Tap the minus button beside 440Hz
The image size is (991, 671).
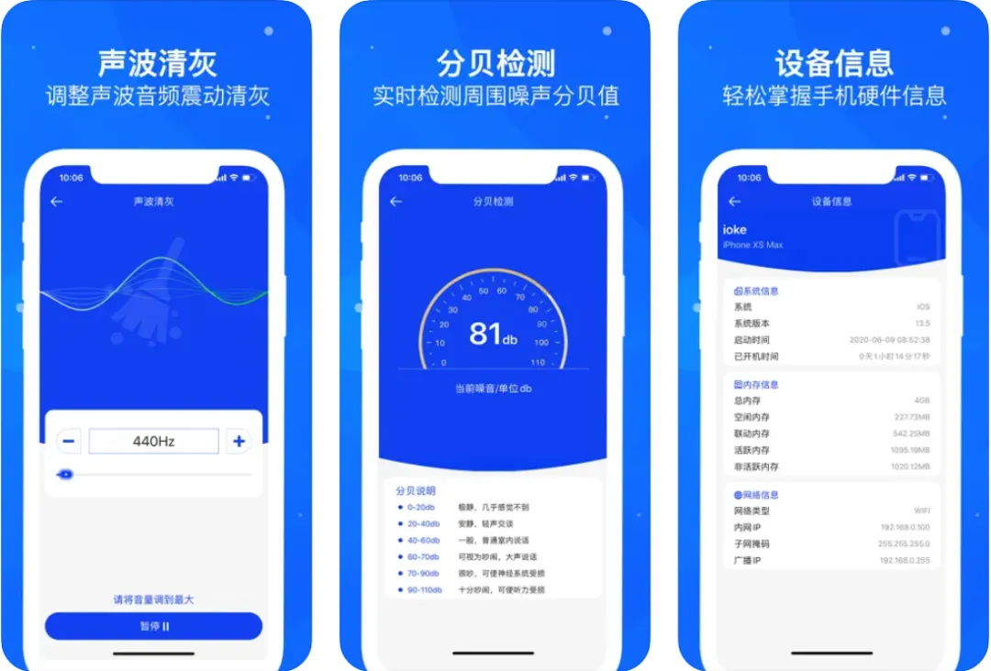[x=69, y=441]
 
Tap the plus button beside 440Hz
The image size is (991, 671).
[x=239, y=441]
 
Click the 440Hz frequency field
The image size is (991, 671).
[x=153, y=441]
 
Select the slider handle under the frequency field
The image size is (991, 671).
[x=64, y=475]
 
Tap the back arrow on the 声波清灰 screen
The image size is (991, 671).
[x=57, y=202]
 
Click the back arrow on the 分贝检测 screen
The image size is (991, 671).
[x=396, y=202]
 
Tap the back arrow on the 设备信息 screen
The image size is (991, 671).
[x=734, y=202]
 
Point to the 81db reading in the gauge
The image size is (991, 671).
[x=493, y=334]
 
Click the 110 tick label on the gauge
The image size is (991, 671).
[x=538, y=363]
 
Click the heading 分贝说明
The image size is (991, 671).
[x=416, y=490]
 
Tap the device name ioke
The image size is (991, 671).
[x=735, y=230]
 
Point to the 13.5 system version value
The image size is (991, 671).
[x=922, y=324]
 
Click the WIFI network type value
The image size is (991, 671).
[x=920, y=511]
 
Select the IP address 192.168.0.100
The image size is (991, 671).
[x=905, y=528]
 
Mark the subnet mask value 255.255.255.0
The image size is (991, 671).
[x=905, y=544]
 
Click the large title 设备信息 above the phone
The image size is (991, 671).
[x=833, y=63]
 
